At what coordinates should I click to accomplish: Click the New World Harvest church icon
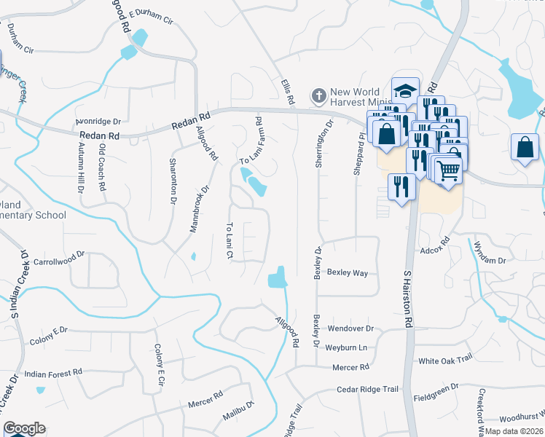(x=318, y=95)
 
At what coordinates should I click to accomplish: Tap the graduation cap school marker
(x=405, y=91)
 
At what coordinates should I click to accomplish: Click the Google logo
(x=24, y=428)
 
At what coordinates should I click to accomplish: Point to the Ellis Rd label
(x=287, y=91)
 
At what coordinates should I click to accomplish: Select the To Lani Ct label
(x=230, y=240)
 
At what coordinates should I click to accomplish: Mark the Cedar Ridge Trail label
(x=368, y=390)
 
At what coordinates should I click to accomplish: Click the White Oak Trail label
(x=446, y=360)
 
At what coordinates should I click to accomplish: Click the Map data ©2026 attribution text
(x=514, y=431)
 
